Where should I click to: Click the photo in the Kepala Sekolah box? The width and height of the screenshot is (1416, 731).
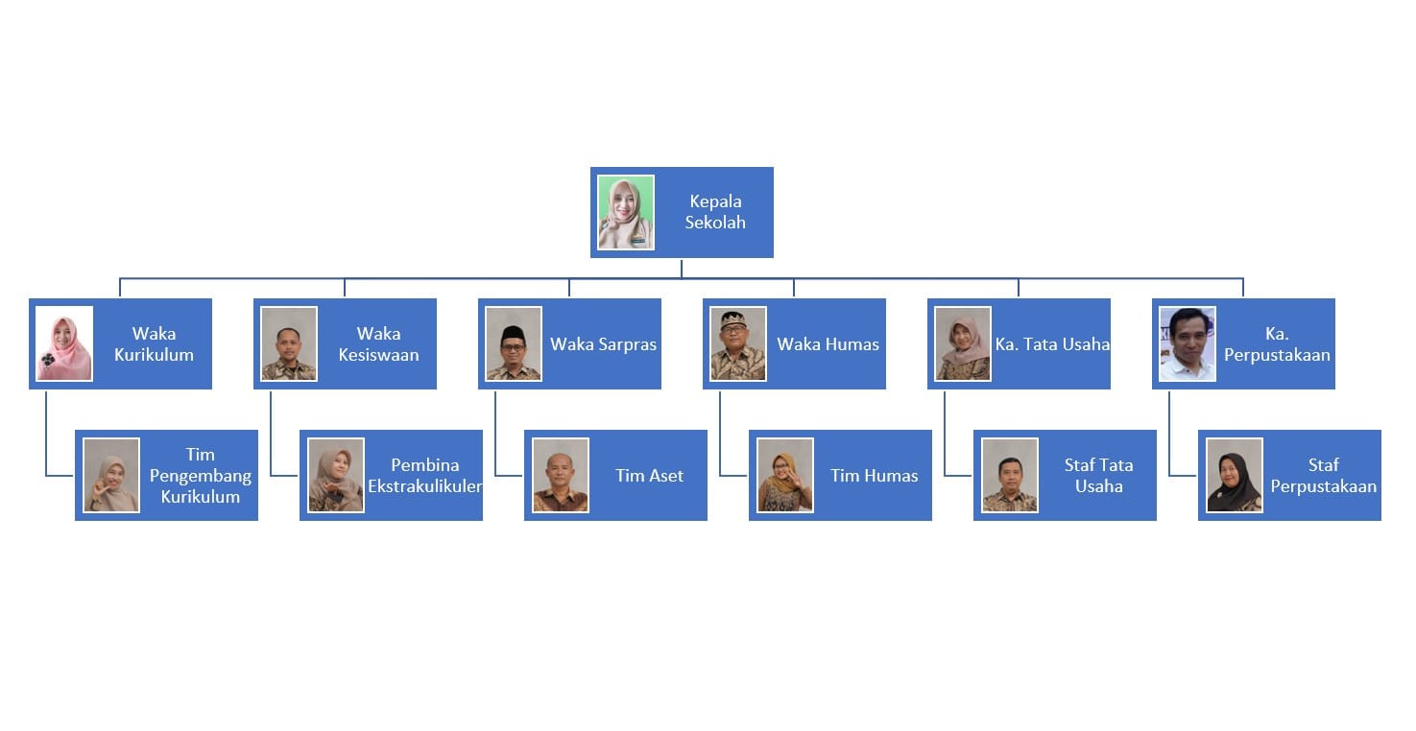626,212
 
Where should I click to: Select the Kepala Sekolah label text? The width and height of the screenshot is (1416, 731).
715,212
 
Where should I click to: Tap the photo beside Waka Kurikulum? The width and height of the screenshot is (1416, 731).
64,343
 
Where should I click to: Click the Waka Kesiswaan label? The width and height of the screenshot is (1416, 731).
378,343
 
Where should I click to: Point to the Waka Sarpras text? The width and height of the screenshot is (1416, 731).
603,343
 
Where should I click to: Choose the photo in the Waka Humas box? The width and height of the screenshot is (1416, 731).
738,343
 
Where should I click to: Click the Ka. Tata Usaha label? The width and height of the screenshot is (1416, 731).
1052,343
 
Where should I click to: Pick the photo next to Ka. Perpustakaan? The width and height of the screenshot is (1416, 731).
1188,343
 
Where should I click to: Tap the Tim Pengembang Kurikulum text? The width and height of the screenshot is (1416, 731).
200,475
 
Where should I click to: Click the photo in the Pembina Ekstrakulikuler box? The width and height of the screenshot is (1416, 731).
336,475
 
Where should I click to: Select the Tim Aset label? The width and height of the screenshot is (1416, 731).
650,475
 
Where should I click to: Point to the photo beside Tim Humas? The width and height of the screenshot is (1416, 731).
785,475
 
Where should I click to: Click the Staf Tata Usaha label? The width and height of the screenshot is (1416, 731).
1098,475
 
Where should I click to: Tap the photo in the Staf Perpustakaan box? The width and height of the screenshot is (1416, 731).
1235,475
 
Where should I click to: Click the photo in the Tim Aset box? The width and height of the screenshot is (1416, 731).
561,475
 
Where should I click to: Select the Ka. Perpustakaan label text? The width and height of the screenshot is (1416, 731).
1277,343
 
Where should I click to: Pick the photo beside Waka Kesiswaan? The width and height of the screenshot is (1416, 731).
289,343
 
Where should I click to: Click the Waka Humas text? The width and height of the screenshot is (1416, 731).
828,343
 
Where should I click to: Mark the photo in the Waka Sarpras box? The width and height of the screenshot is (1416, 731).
514,343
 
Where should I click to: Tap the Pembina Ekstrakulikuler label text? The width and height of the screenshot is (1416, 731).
424,475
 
